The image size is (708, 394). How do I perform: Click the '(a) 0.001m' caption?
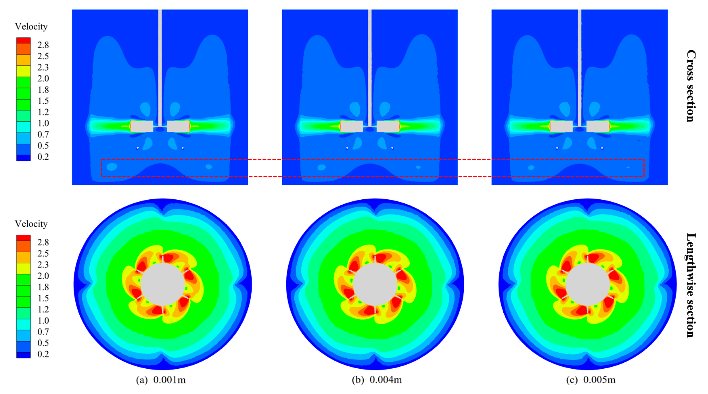tap(161, 380)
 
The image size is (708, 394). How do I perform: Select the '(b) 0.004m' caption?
tap(377, 380)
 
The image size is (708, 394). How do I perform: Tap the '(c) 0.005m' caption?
tap(591, 380)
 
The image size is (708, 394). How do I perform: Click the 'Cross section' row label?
tap(691, 86)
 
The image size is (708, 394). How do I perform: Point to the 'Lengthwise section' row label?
tap(691, 285)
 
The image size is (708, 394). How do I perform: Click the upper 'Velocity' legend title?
tap(31, 27)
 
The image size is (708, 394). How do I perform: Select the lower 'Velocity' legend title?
tap(31, 224)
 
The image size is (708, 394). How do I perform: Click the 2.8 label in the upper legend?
tap(43, 45)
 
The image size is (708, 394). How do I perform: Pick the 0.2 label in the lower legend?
tap(43, 354)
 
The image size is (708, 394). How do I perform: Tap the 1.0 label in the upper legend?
tap(43, 123)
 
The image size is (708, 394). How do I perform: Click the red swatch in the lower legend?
tap(23, 238)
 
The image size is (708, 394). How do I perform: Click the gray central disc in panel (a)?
tap(163, 284)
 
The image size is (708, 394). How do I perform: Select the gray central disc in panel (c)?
tap(587, 284)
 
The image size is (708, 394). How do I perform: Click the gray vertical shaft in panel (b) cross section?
tap(370, 66)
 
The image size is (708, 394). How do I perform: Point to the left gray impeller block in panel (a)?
tap(142, 126)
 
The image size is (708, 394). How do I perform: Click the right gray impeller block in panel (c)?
tap(598, 126)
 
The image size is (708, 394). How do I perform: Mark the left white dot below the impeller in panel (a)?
tap(138, 148)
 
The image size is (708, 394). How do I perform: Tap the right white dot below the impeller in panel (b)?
tap(392, 148)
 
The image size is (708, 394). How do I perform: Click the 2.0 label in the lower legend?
tap(43, 276)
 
